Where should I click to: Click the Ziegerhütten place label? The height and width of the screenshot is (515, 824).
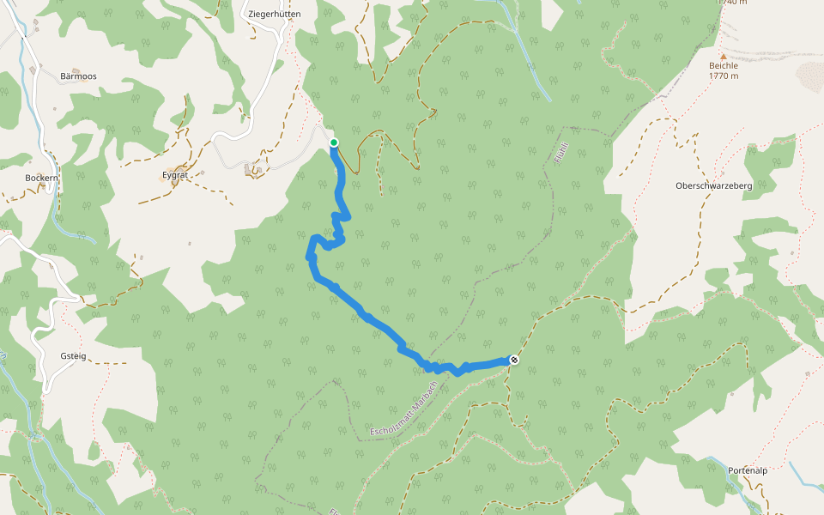coord(274,15)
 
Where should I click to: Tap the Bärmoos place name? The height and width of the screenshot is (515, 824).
coord(78,76)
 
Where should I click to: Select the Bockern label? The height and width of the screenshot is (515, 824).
coord(41,178)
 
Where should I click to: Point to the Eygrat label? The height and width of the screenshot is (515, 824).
coord(174,173)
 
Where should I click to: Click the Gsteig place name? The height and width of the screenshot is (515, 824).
coord(73,355)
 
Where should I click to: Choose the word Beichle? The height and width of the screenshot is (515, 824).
coord(724,65)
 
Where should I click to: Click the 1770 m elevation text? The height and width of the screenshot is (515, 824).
coord(724,76)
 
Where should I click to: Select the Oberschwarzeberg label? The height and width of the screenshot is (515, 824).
coord(713,186)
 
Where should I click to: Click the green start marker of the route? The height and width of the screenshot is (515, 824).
coord(334,142)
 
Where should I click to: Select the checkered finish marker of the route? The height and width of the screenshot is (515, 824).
coord(513,360)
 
